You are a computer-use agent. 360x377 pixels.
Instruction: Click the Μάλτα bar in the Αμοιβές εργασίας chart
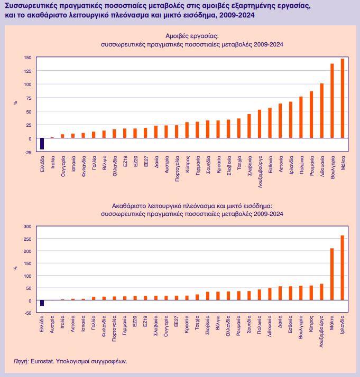tap(342, 98)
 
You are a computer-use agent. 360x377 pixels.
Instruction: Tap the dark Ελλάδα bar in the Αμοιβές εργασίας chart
tap(42, 144)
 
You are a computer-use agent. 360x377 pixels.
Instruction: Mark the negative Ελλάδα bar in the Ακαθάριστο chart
tap(42, 303)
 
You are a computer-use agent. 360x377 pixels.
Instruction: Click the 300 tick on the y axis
tap(27, 227)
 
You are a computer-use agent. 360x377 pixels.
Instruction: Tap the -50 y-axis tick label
tap(27, 313)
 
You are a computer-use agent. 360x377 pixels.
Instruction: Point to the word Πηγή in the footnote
tap(20, 362)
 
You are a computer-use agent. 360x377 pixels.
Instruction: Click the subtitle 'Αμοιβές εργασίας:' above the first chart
tap(191, 36)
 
